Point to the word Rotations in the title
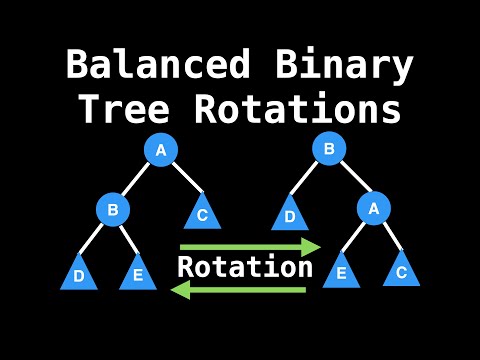pyautogui.click(x=308, y=110)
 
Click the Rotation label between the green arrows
pyautogui.click(x=245, y=267)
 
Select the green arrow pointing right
pyautogui.click(x=250, y=245)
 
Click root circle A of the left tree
pyautogui.click(x=161, y=150)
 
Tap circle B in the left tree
pyautogui.click(x=113, y=210)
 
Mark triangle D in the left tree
pyautogui.click(x=79, y=273)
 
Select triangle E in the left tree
pyautogui.click(x=138, y=273)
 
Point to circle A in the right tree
pyautogui.click(x=373, y=210)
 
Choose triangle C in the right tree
pyautogui.click(x=402, y=269)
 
